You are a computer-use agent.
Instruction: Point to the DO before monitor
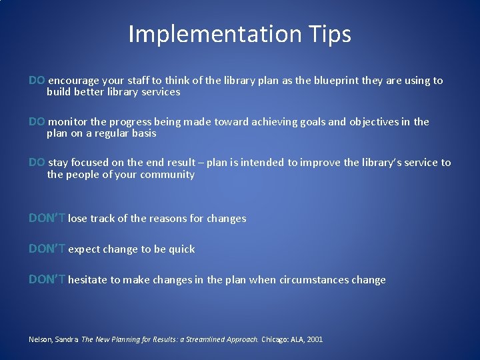coord(37,122)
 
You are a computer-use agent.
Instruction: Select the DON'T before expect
coord(47,249)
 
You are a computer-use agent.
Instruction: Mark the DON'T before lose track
coord(47,218)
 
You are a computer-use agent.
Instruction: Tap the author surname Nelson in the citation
coord(40,339)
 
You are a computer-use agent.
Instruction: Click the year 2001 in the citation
coord(315,339)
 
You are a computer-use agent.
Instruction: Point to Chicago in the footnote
coord(275,339)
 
